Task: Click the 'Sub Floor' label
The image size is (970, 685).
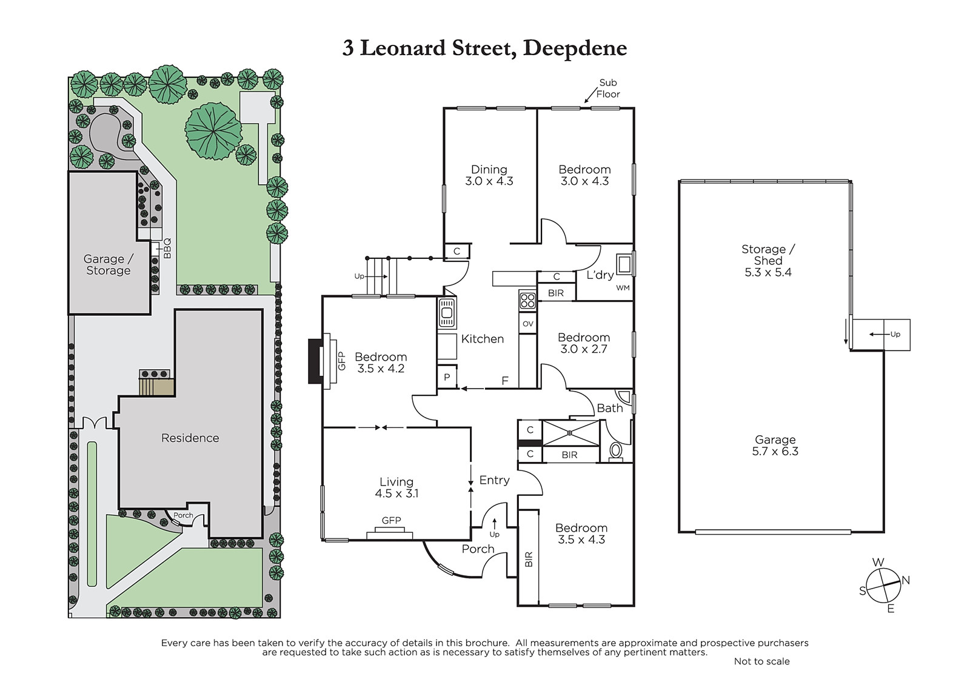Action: click(608, 89)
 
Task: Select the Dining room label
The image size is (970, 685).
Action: click(489, 175)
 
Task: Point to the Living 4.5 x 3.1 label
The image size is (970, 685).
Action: click(396, 487)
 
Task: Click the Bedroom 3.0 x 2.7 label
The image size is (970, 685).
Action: click(584, 343)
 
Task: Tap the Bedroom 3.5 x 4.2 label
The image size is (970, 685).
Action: click(381, 363)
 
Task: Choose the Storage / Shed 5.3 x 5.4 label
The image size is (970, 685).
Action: click(768, 261)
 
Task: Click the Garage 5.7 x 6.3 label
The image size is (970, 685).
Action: click(775, 446)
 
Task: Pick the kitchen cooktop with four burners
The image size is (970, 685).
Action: click(527, 301)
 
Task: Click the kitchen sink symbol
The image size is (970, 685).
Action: click(447, 313)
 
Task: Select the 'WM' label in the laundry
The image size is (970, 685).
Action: click(623, 288)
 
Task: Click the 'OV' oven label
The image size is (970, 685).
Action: click(528, 324)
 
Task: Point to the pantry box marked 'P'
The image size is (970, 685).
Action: click(447, 377)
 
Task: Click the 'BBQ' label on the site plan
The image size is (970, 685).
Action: click(167, 249)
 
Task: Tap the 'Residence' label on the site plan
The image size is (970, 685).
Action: click(190, 438)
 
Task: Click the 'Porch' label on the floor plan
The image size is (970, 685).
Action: click(478, 549)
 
